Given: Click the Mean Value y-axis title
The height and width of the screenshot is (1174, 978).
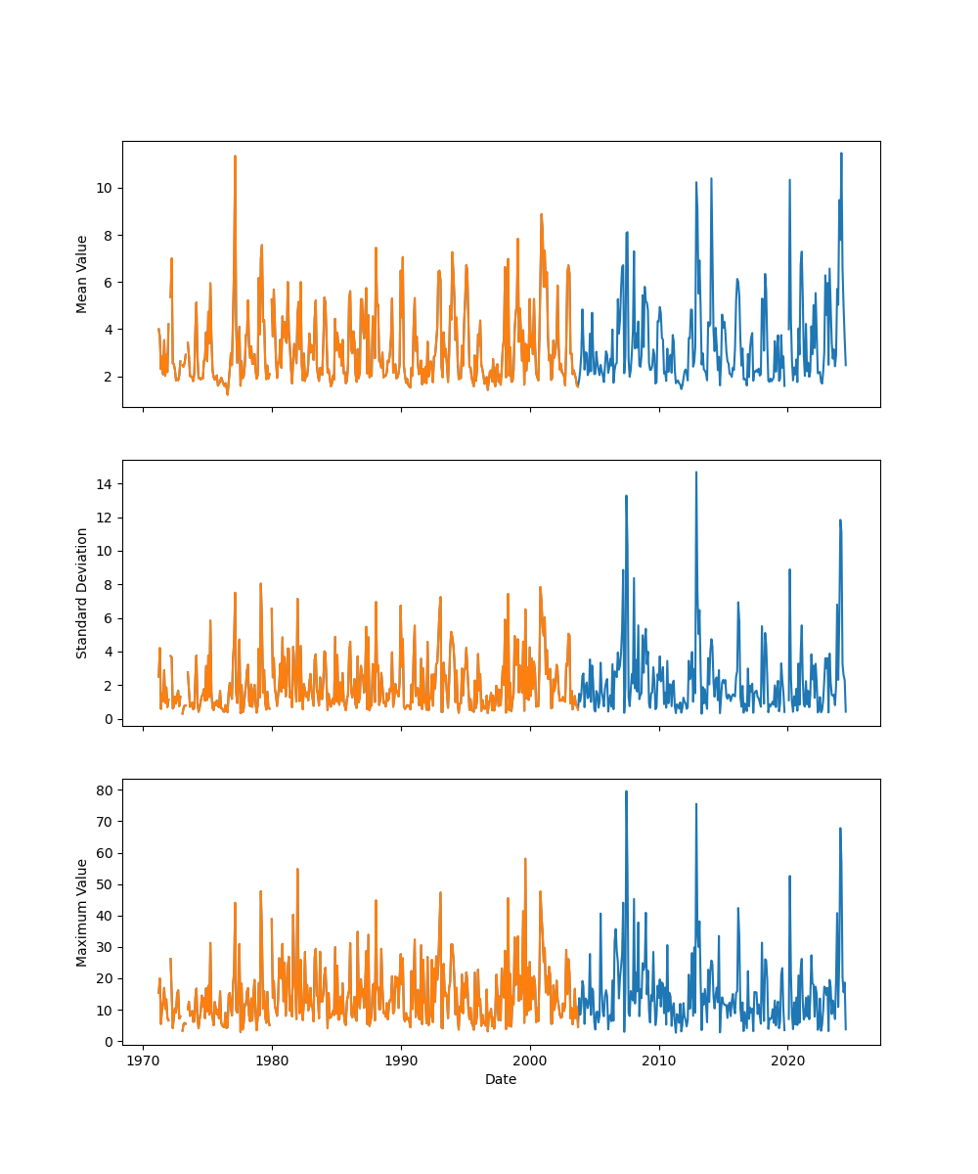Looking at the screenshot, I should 82,274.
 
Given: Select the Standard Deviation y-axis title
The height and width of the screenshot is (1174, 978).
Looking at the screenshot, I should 82,593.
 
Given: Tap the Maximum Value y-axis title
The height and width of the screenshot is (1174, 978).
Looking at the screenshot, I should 82,912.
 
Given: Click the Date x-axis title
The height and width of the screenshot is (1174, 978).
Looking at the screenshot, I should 501,1079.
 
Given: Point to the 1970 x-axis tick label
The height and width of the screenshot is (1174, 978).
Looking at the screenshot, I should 144,1061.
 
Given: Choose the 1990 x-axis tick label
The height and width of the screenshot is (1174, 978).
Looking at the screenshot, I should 401,1061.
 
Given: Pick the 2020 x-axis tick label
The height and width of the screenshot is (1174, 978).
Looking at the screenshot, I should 788,1061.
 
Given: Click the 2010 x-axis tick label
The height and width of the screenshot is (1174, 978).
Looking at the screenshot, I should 659,1061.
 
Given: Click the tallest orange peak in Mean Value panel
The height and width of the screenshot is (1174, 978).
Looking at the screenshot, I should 235,156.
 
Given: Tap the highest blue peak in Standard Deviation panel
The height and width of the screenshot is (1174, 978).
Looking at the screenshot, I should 696,473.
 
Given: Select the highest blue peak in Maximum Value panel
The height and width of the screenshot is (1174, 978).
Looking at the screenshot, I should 626,791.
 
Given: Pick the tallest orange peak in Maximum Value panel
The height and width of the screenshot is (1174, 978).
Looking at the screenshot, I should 525,859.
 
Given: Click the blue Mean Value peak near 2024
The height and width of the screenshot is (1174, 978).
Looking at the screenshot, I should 841,154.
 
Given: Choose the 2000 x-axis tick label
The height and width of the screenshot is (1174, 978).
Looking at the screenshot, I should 530,1061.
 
